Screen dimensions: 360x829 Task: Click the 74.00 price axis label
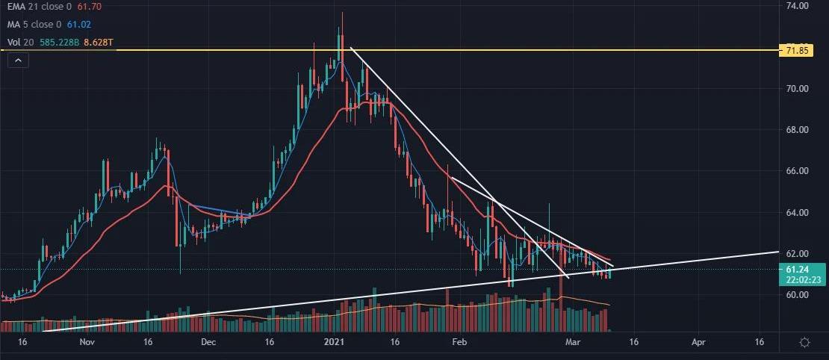(x=798, y=6)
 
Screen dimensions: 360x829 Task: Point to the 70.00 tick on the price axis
(x=798, y=89)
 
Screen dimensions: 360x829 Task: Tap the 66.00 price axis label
(x=798, y=171)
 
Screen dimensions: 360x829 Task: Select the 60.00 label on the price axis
(x=798, y=295)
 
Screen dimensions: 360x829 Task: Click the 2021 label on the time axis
(x=332, y=341)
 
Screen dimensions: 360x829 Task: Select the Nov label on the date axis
(x=87, y=341)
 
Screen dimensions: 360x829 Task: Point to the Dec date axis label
(x=208, y=341)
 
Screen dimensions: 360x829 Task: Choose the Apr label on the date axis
(x=698, y=341)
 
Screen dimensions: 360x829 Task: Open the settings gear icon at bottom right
(x=805, y=342)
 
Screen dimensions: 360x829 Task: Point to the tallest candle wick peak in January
(x=343, y=13)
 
